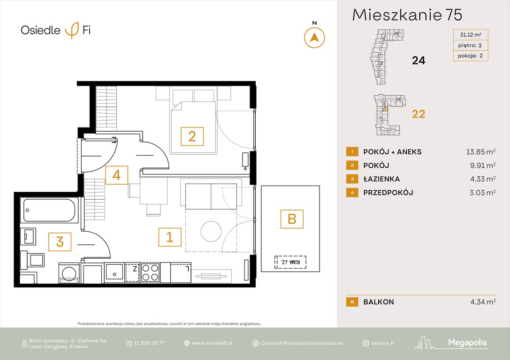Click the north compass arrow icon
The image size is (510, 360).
314,37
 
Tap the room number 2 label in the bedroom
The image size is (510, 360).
192,136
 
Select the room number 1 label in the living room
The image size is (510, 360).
169,237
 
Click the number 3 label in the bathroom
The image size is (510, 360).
60,242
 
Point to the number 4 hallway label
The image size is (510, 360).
116,175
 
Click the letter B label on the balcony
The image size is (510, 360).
292,219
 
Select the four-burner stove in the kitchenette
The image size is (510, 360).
150,272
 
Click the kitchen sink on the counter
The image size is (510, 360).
114,272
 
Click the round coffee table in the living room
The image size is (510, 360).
211,231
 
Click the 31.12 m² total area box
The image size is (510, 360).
471,35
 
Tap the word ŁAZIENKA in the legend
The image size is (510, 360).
381,179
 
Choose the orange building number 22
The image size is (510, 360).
418,114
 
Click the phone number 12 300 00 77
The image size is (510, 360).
149,343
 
